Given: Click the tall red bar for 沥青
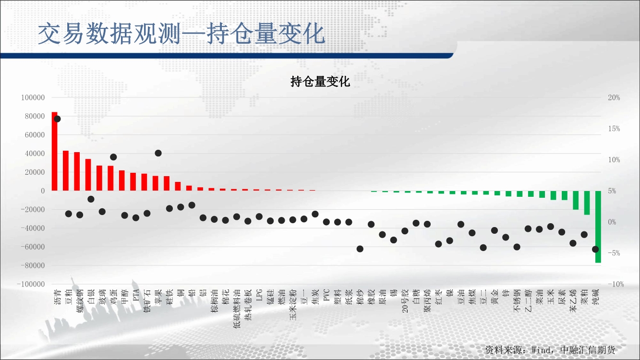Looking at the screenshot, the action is pyautogui.click(x=54, y=151).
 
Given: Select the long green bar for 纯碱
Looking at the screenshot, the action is pyautogui.click(x=598, y=227).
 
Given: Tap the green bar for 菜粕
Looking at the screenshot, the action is pyautogui.click(x=587, y=203).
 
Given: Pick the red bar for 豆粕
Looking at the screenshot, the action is pyautogui.click(x=66, y=170).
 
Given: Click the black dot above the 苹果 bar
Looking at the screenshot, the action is pyautogui.click(x=158, y=153).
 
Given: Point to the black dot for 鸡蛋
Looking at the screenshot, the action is pyautogui.click(x=113, y=157).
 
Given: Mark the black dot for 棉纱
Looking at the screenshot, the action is pyautogui.click(x=360, y=249).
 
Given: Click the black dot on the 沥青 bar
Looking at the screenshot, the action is pyautogui.click(x=57, y=119).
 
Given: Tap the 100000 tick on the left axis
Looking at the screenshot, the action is pyautogui.click(x=33, y=98).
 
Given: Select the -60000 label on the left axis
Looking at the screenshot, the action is pyautogui.click(x=33, y=247).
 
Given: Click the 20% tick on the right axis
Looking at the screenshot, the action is pyautogui.click(x=614, y=98).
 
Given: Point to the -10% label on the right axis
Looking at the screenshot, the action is pyautogui.click(x=614, y=284).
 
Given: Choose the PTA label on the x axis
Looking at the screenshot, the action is pyautogui.click(x=136, y=295).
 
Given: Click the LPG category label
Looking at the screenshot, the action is pyautogui.click(x=259, y=295).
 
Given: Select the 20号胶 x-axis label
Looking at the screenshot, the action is pyautogui.click(x=405, y=300).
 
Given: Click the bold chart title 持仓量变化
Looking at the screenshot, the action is pyautogui.click(x=320, y=82).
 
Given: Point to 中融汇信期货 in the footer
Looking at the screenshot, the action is pyautogui.click(x=588, y=350).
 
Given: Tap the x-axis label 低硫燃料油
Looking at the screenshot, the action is pyautogui.click(x=237, y=309).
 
